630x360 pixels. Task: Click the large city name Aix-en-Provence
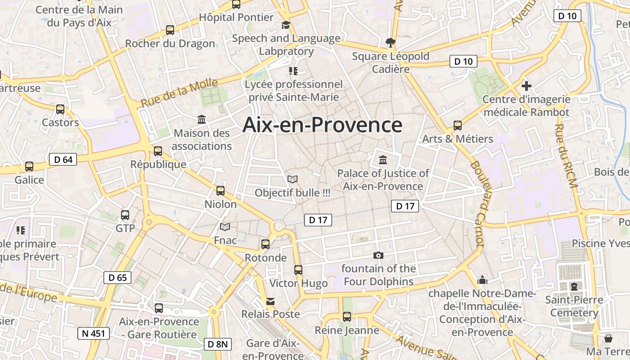322,125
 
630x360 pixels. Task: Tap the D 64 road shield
63,159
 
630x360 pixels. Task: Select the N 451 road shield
94,333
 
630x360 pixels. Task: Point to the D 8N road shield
218,345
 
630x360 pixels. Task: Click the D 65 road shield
118,278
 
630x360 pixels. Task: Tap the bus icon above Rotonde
265,244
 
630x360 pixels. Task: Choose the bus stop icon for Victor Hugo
298,270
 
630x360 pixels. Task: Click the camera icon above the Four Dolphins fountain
378,256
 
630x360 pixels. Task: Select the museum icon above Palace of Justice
383,160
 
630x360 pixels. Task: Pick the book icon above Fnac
225,227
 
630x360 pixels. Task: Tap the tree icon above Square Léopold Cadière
390,43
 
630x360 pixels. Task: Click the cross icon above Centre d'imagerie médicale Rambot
526,85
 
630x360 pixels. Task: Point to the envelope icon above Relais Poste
270,301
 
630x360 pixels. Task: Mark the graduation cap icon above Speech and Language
286,25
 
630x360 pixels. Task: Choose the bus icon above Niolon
220,191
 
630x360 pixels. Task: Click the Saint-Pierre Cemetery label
574,306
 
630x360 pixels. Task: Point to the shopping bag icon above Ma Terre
608,338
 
